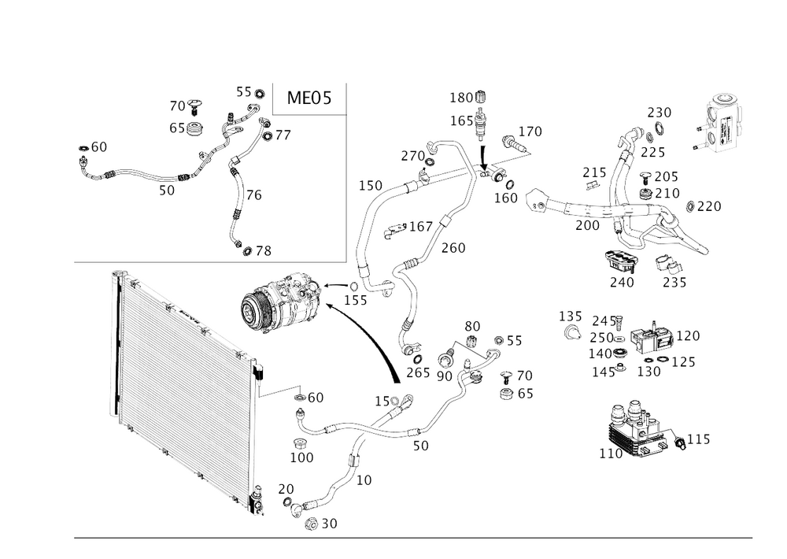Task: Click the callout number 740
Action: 623,280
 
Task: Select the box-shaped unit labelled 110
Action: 637,429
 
